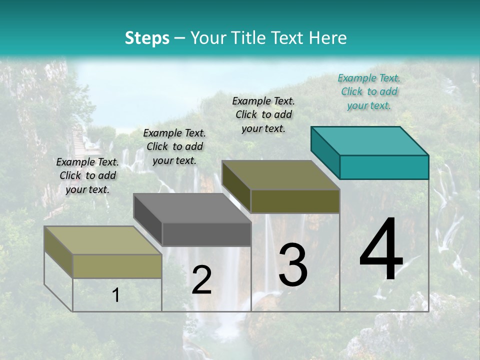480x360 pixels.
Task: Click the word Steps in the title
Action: point(147,38)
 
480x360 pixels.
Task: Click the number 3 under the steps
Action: point(293,265)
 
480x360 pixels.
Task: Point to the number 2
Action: point(201,280)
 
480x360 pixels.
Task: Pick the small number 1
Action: point(115,295)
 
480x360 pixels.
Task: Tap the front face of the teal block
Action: point(384,167)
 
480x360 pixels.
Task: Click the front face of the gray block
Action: point(206,234)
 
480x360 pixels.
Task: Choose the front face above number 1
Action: point(117,266)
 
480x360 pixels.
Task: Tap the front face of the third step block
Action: point(295,201)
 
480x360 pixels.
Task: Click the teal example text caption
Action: point(369,91)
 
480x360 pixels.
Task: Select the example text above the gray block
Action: point(174,146)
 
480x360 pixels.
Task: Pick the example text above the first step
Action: point(87,175)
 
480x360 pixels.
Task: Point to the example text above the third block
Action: point(263,114)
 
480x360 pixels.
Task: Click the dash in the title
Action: point(180,38)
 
